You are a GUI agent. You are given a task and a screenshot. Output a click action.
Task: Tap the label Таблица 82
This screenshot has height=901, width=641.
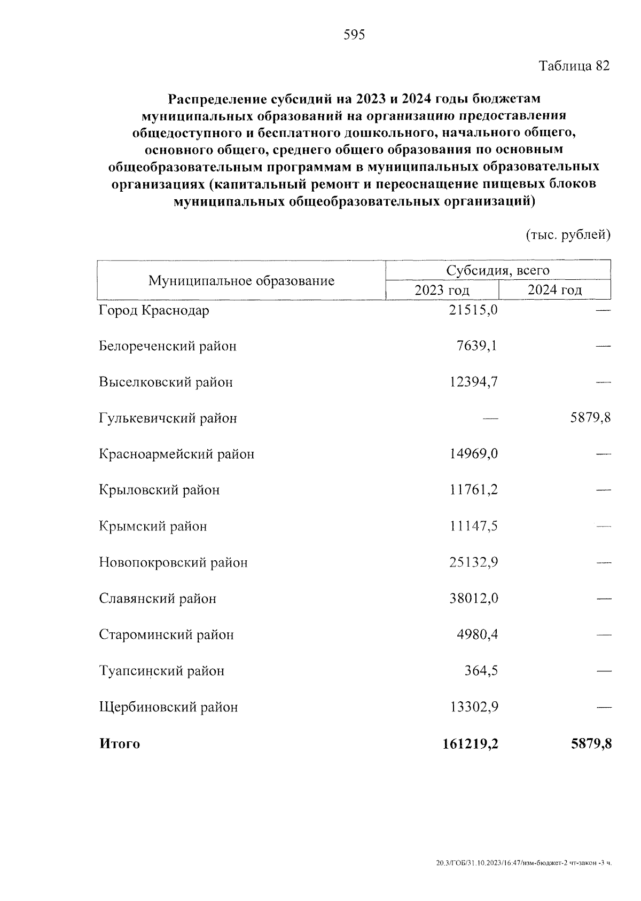[x=574, y=66]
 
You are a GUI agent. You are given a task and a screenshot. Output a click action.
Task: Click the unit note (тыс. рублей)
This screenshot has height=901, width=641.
[x=568, y=235]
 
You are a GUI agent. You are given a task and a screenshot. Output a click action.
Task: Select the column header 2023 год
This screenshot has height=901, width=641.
[x=442, y=290]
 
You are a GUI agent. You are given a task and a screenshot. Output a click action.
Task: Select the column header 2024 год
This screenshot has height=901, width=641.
[x=554, y=290]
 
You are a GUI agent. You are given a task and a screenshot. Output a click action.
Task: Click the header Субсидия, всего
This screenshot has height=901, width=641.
[x=498, y=270]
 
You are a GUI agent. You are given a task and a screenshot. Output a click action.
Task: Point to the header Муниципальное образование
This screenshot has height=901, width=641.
[x=241, y=280]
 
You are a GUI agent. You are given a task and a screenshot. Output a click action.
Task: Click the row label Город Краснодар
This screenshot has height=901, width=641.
[x=154, y=310]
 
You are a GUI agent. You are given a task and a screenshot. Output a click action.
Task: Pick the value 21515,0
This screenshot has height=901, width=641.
[x=473, y=310]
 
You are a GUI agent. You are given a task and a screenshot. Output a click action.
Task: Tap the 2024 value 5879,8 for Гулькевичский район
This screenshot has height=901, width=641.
[x=590, y=418]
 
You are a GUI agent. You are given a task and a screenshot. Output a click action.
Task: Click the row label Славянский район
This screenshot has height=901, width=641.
[x=158, y=599]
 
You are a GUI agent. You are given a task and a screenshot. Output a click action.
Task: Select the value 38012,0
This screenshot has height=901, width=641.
[x=473, y=598]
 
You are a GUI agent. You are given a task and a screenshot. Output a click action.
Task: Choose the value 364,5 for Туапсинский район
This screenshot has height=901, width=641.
[x=481, y=670]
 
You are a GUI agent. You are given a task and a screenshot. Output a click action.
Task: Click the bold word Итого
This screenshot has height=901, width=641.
[x=119, y=744]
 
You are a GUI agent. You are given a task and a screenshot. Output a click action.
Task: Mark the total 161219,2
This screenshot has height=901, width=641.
[x=470, y=743]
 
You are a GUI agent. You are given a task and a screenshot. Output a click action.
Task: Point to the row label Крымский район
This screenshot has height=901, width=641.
[x=153, y=527]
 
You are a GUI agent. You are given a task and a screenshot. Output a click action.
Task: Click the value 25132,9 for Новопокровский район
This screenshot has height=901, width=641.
[x=473, y=562]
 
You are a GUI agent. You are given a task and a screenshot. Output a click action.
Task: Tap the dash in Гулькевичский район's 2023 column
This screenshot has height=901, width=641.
[x=490, y=419]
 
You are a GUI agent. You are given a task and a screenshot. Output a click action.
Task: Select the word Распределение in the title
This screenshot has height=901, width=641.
[x=217, y=99]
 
